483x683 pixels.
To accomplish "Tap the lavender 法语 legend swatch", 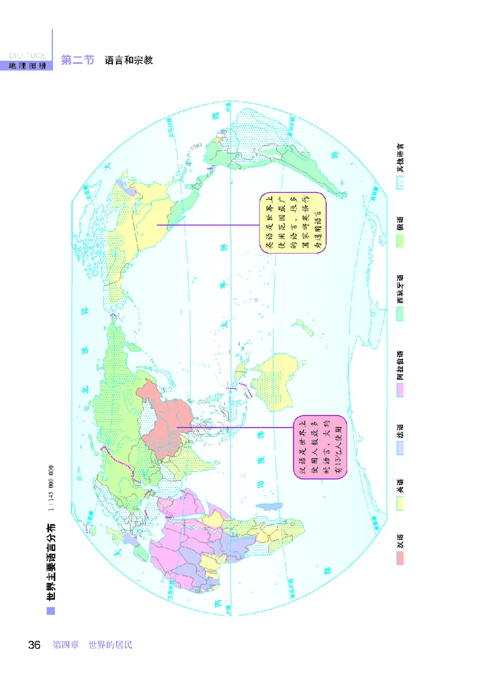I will coord(400,447).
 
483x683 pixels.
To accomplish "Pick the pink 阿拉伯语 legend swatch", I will coord(400,390).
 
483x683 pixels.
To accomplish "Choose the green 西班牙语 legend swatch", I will coord(400,313).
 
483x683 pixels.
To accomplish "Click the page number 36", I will coord(34,645).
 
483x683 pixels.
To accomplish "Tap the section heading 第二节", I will coord(77,60).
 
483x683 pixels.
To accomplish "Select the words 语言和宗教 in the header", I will coord(129,60).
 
